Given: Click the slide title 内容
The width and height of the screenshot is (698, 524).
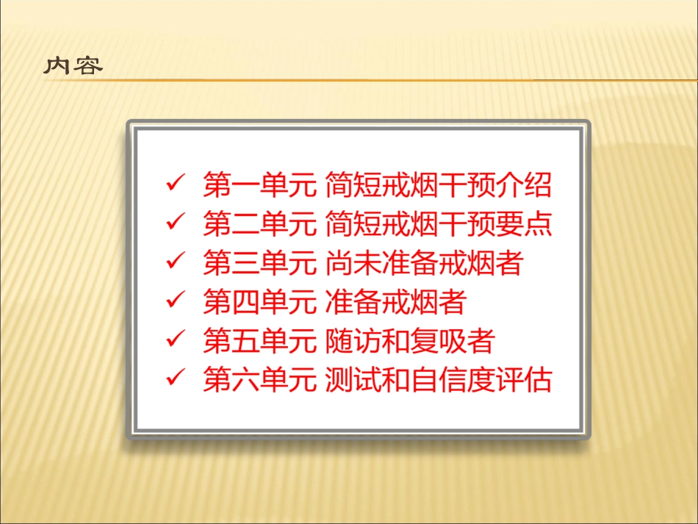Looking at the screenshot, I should tap(73, 66).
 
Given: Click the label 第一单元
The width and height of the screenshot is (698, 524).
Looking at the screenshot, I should tap(260, 184).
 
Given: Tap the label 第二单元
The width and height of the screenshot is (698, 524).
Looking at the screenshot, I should tap(260, 223).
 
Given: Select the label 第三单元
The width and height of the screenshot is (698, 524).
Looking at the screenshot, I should tap(260, 262).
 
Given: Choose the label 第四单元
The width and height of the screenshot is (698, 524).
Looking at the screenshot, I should tap(260, 302).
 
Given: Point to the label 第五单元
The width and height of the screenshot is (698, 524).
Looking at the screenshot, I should tap(260, 341).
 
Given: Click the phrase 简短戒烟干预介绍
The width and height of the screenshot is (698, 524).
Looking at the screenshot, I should tap(438, 184).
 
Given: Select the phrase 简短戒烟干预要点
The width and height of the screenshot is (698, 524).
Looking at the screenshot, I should tap(438, 223).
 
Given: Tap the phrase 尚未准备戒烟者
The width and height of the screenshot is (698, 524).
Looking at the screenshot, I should tap(423, 262).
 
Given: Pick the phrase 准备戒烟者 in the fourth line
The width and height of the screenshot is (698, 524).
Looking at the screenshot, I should tap(395, 302).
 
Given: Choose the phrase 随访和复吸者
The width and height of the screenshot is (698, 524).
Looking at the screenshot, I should tap(409, 341).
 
